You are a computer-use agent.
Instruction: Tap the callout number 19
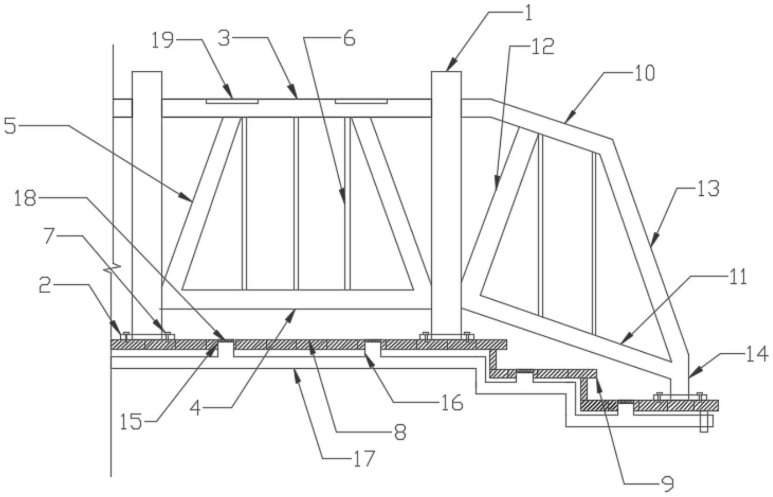point(162,40)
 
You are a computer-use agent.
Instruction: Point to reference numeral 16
point(452,402)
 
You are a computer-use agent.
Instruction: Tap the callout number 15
point(131,423)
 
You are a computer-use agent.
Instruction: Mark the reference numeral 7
point(49,237)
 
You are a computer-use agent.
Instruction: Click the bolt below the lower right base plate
point(704,423)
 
